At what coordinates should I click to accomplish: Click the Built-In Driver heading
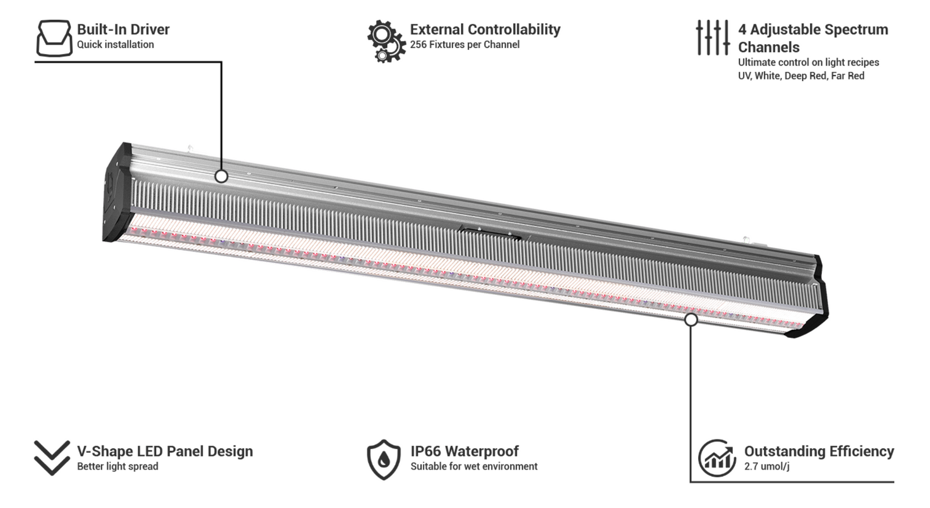click(123, 30)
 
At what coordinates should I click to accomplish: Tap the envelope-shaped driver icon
click(54, 38)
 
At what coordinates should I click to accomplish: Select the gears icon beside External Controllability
click(387, 41)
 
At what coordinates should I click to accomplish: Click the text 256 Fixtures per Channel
click(464, 44)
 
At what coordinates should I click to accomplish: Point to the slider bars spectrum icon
click(713, 37)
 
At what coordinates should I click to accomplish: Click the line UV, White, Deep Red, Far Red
click(801, 76)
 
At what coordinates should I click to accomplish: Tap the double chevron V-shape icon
click(52, 457)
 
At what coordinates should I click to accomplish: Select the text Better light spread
click(117, 466)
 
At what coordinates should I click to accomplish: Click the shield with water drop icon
click(384, 459)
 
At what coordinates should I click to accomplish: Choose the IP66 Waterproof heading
click(464, 451)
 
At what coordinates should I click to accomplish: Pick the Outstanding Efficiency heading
click(819, 451)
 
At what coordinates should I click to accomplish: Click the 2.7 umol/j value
click(767, 466)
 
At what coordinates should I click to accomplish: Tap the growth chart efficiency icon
click(717, 458)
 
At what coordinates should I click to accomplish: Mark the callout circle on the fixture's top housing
click(221, 176)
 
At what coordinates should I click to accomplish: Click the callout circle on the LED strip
click(691, 320)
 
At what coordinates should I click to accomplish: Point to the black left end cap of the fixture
click(117, 192)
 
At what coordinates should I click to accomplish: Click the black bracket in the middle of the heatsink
click(491, 232)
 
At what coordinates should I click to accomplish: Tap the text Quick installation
click(115, 44)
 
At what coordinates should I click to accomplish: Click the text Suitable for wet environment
click(474, 466)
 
